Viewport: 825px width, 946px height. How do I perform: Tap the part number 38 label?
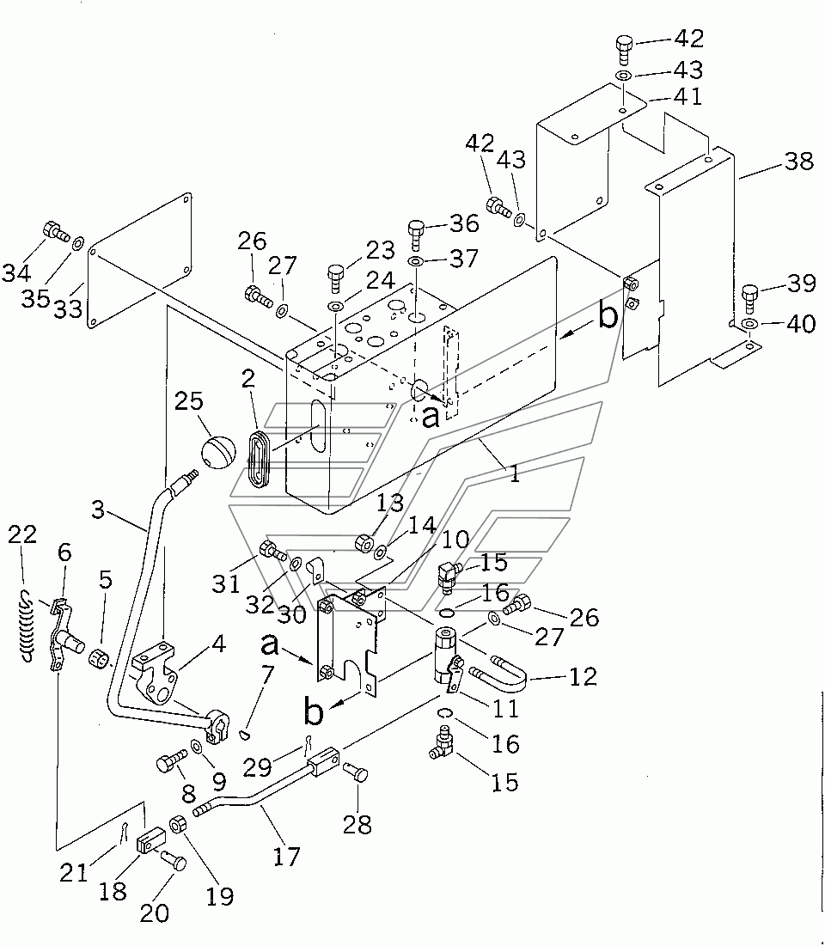799,161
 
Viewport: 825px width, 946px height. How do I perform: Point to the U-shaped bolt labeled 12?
498,672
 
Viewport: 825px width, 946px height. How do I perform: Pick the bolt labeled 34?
54,232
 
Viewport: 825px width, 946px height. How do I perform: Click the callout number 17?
286,856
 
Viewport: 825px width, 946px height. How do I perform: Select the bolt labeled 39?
750,298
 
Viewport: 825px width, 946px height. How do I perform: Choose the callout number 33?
68,309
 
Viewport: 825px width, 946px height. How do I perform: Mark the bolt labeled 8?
171,763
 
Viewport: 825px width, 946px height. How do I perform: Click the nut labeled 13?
364,542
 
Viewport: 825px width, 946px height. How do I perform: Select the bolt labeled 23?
335,278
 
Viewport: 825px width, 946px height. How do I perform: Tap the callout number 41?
688,96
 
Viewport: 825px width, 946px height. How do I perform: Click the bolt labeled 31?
272,551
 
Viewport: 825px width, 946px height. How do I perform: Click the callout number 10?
455,539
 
